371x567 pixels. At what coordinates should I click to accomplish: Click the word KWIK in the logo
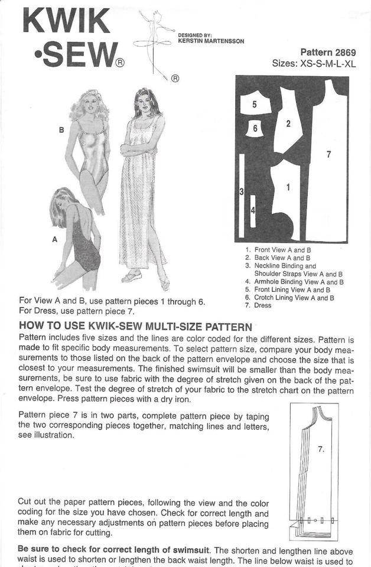[x=66, y=21]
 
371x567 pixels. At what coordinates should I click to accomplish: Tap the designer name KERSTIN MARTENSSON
[x=210, y=41]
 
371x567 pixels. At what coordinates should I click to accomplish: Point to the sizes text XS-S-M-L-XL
[x=314, y=64]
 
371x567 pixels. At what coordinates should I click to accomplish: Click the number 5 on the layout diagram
[x=254, y=105]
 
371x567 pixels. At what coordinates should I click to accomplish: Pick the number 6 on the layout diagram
[x=255, y=128]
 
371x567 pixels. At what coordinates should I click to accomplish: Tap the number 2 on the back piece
[x=288, y=123]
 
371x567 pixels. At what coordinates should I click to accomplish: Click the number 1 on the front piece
[x=288, y=187]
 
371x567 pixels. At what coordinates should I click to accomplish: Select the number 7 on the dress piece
[x=328, y=155]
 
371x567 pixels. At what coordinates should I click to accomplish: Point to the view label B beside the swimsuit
[x=61, y=130]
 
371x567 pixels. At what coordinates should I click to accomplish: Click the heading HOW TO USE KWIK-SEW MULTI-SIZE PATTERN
[x=136, y=326]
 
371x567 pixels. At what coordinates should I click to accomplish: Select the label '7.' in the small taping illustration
[x=321, y=449]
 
